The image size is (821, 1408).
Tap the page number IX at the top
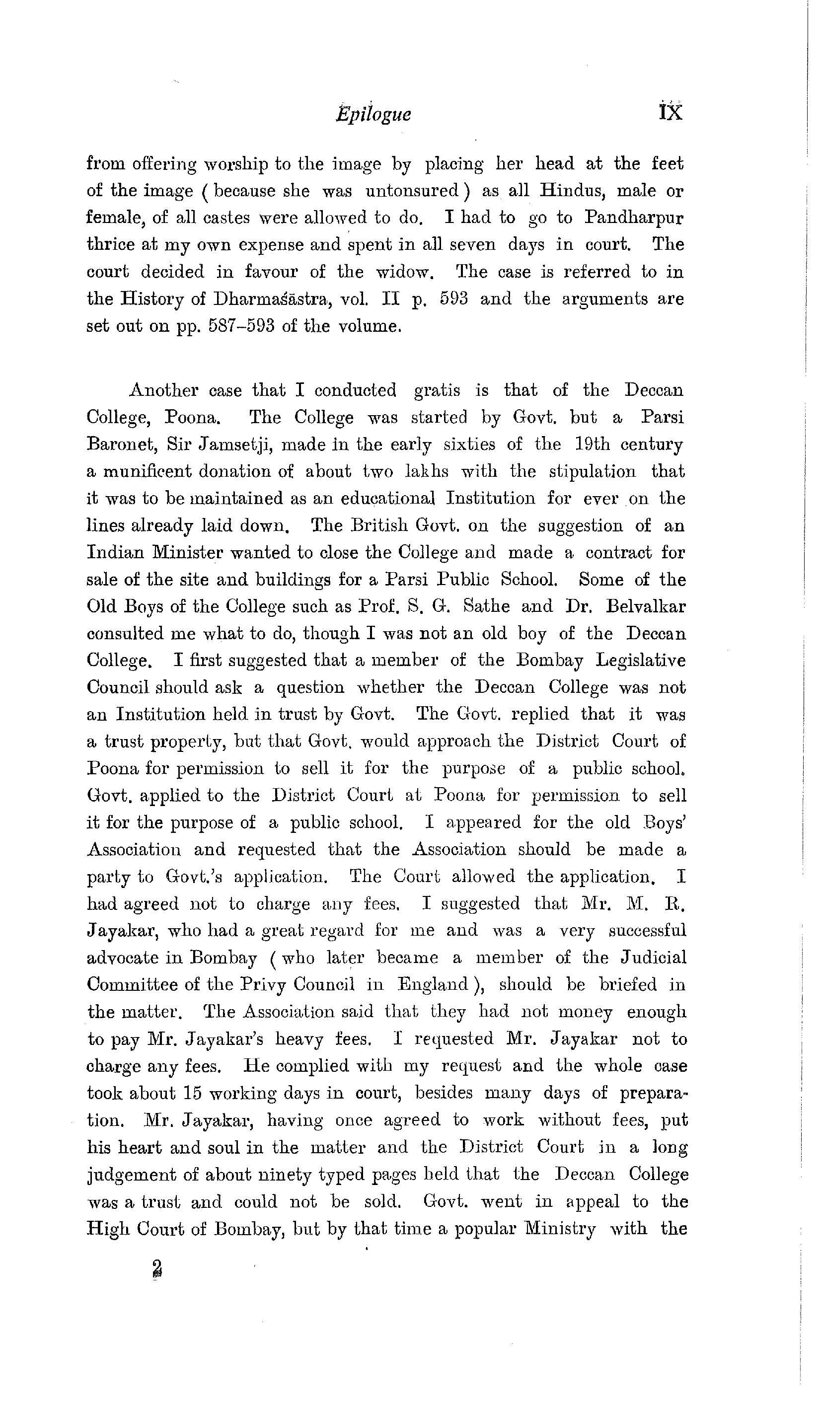point(671,112)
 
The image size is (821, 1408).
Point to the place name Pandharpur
point(634,218)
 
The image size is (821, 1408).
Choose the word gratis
point(437,390)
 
